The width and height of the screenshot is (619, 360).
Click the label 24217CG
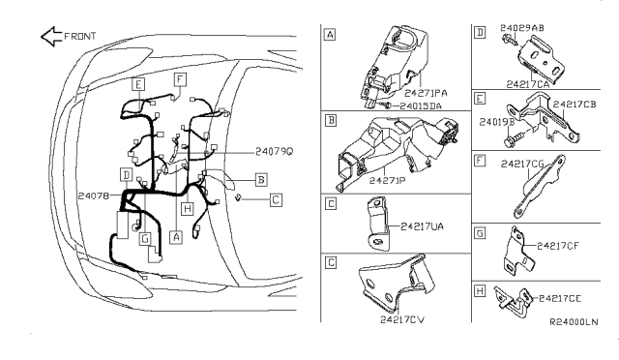pyautogui.click(x=523, y=165)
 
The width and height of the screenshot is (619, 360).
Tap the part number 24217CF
pyautogui.click(x=558, y=245)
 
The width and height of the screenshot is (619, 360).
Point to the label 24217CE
pyautogui.click(x=559, y=299)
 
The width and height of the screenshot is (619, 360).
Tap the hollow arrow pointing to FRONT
pyautogui.click(x=50, y=37)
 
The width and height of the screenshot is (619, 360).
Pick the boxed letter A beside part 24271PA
pyautogui.click(x=331, y=34)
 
